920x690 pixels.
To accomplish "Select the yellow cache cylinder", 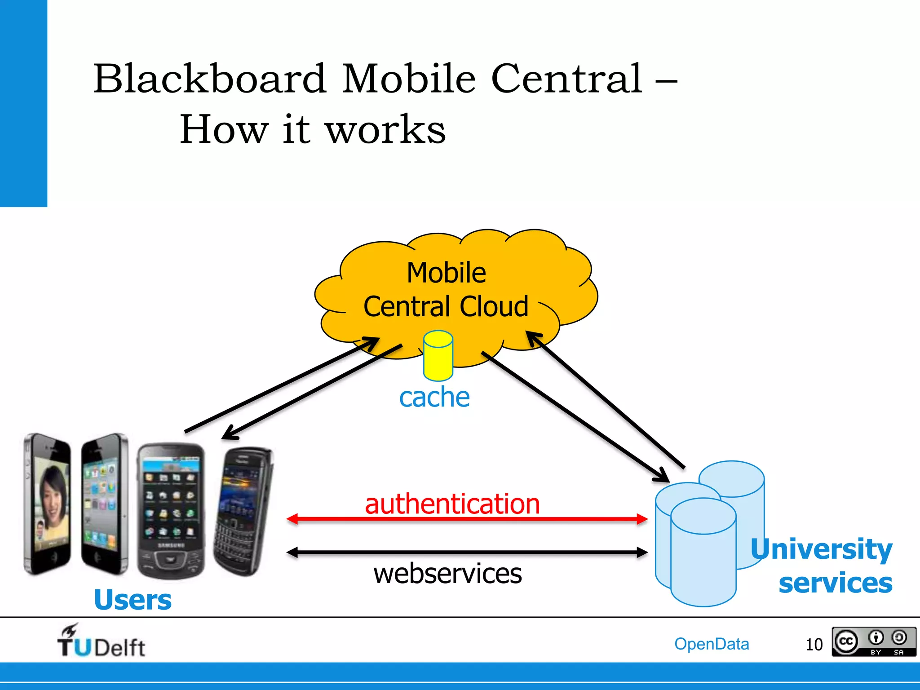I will pos(438,356).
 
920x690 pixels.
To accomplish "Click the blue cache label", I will pos(434,397).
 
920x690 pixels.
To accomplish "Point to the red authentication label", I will pos(452,504).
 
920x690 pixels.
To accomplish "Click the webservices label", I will pos(448,574).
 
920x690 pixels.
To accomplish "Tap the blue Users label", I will pos(133,600).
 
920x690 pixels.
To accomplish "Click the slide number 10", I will pos(814,645).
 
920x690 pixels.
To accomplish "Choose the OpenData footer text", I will pos(712,644).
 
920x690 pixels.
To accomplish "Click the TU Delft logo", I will pos(101,641).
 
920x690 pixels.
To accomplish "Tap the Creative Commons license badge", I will pos(873,642).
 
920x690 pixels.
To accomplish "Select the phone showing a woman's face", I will pos(48,503).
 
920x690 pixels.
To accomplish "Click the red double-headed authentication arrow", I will pos(467,519).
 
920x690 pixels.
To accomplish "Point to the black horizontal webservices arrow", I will pos(467,553).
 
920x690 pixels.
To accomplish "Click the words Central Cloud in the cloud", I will pos(446,307).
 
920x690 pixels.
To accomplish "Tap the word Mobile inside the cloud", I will pos(446,273).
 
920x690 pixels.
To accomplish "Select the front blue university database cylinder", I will pos(703,553).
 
